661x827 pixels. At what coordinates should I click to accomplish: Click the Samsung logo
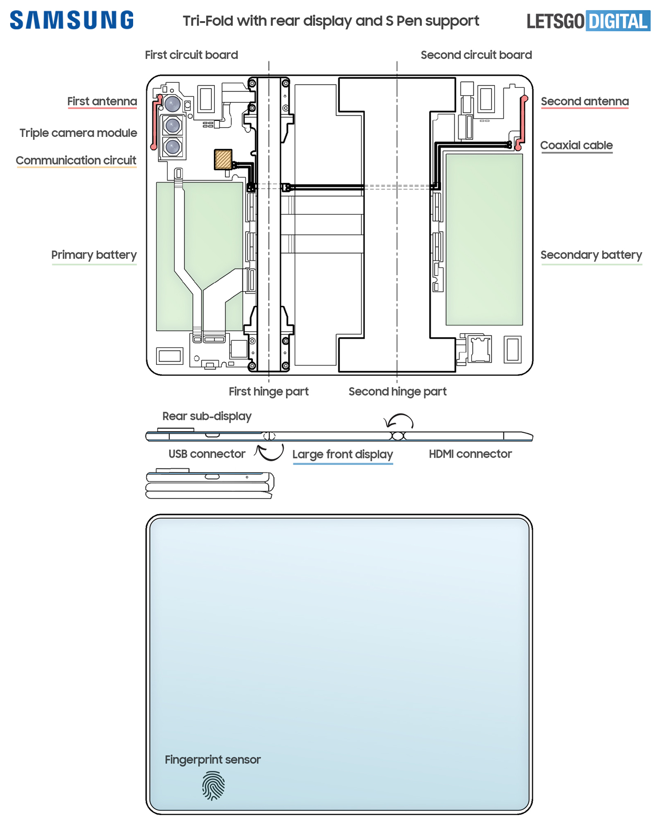[x=72, y=20]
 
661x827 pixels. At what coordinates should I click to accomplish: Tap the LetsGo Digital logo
[x=588, y=21]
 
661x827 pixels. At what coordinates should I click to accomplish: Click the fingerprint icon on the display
[x=213, y=786]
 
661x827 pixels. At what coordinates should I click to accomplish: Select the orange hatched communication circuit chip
[x=223, y=159]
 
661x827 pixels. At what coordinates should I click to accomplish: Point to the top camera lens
[x=173, y=104]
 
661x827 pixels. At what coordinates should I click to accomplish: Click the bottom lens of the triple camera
[x=173, y=147]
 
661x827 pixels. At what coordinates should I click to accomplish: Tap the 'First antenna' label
[x=102, y=101]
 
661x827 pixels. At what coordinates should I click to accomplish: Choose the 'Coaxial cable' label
[x=577, y=145]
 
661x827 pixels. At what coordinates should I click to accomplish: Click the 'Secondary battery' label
[x=591, y=255]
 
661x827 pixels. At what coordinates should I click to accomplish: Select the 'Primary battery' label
[x=94, y=255]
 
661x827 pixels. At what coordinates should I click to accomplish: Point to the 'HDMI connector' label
[x=471, y=454]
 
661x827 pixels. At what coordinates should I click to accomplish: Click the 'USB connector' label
[x=207, y=454]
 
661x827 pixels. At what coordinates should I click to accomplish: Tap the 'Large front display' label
[x=343, y=454]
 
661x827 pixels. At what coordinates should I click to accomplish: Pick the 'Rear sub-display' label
[x=207, y=416]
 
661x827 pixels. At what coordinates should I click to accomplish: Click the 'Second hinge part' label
[x=398, y=391]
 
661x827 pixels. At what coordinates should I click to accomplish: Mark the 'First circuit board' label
[x=191, y=55]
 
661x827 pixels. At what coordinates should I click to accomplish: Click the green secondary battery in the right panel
[x=484, y=239]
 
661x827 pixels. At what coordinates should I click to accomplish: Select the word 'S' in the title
[x=389, y=21]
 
